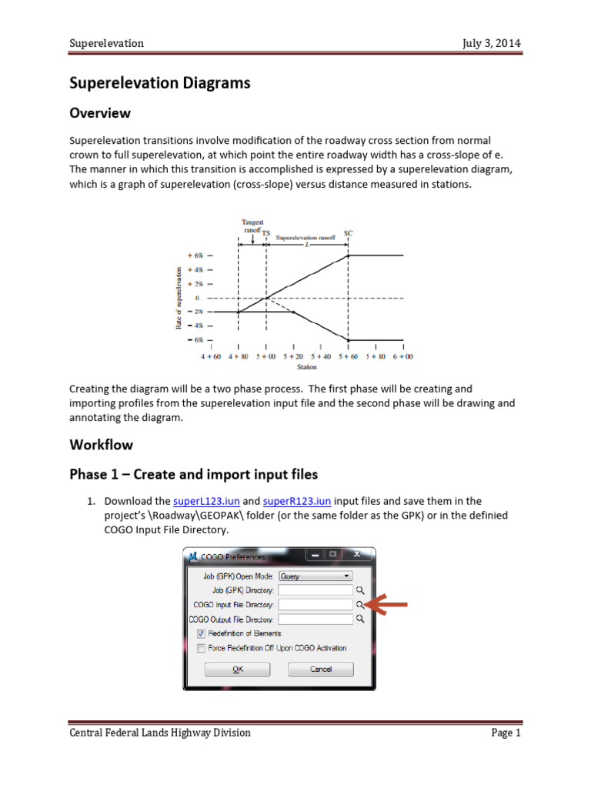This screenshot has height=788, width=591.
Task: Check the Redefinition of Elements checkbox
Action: (x=202, y=633)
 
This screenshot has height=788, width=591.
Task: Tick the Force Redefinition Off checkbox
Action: (x=202, y=648)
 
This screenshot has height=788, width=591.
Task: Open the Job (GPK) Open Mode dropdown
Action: (x=315, y=576)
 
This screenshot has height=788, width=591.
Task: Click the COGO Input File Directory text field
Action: (x=315, y=605)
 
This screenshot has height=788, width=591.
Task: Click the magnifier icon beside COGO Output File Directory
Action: (x=359, y=619)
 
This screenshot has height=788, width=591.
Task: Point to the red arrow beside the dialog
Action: (x=387, y=606)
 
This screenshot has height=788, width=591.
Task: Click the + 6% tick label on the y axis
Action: (x=194, y=255)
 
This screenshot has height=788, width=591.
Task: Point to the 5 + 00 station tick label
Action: (x=266, y=356)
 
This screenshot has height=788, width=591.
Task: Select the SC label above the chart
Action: (x=348, y=232)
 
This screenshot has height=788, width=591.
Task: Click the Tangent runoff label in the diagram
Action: (x=252, y=225)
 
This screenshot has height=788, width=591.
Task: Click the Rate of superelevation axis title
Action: (x=179, y=298)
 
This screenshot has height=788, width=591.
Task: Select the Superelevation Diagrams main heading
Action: (x=160, y=83)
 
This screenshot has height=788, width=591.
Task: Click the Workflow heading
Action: (x=101, y=445)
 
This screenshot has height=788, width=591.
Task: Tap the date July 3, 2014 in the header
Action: (x=491, y=43)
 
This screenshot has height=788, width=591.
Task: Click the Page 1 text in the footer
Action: (x=506, y=733)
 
